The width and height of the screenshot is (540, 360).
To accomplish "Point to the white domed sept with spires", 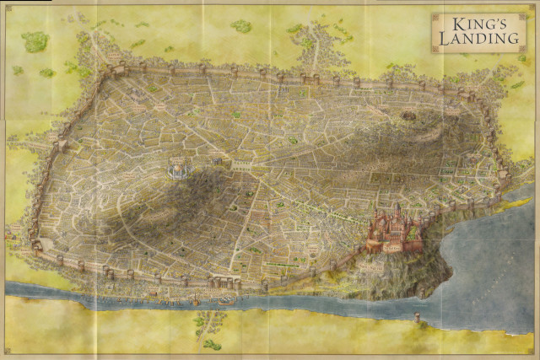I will [x=178, y=169].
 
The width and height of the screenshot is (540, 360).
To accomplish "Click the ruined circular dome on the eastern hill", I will [x=409, y=116].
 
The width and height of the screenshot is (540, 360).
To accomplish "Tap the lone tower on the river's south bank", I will [x=417, y=319].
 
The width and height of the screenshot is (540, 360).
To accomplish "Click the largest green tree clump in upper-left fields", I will [x=35, y=40].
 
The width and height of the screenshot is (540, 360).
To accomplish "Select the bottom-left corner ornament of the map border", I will [x=7, y=353].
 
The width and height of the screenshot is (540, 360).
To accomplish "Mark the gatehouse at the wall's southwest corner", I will [x=37, y=247].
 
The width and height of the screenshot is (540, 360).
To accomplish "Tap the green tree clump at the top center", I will [x=242, y=26].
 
